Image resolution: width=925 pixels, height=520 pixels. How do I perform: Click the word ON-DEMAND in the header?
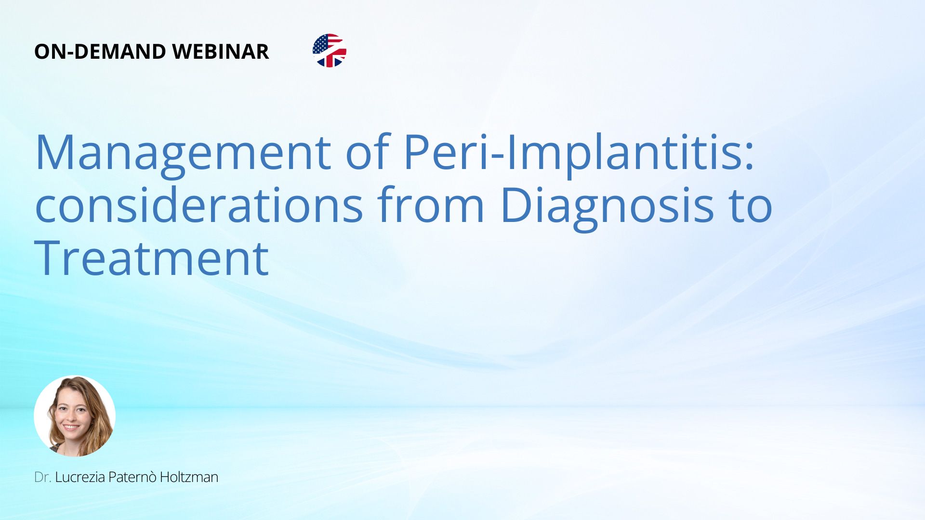(x=100, y=52)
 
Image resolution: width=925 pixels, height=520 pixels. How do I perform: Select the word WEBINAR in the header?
(x=221, y=52)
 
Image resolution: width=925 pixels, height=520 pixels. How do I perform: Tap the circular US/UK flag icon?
(x=330, y=51)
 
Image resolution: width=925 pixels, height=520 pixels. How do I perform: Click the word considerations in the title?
(x=199, y=205)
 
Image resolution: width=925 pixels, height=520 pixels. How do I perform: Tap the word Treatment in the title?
(x=151, y=258)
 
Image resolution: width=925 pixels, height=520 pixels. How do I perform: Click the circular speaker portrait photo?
(x=75, y=416)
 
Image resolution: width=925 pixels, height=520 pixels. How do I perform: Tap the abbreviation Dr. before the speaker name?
(x=43, y=477)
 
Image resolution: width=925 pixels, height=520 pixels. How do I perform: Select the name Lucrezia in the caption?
(x=80, y=477)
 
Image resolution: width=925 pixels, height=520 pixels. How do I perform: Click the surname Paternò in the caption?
(x=132, y=477)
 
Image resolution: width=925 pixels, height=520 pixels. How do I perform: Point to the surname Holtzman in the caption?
(x=189, y=477)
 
